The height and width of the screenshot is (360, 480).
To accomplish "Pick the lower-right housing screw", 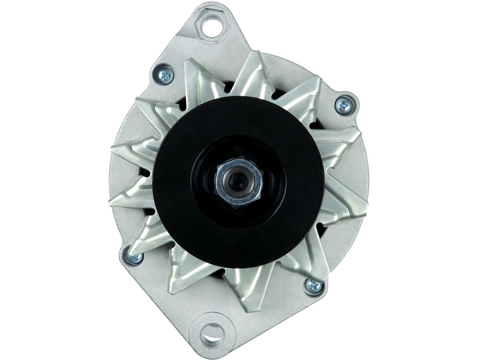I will pos(311,284).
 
